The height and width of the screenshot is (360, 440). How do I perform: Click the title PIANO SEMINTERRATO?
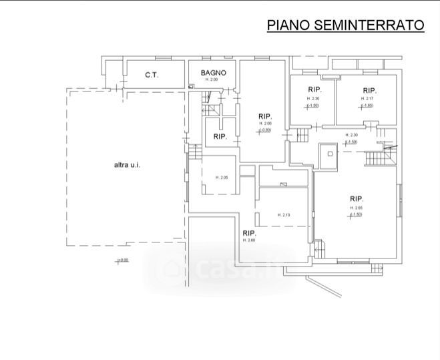[x=345, y=25]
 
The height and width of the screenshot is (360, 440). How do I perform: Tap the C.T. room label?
[x=152, y=75]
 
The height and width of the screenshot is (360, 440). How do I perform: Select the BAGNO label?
[x=214, y=73]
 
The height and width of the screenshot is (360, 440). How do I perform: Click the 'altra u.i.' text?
[x=126, y=164]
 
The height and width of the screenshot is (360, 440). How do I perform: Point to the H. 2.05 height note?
[x=222, y=177]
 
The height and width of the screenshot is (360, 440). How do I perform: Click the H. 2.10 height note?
[x=283, y=214]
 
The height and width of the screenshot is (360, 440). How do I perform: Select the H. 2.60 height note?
[x=249, y=240]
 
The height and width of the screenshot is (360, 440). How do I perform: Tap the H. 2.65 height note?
[x=356, y=208]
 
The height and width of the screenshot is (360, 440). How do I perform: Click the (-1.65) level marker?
[x=367, y=105]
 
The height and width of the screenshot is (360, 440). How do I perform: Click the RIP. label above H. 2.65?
[x=357, y=198]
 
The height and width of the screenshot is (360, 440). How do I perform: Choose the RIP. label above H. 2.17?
[x=370, y=90]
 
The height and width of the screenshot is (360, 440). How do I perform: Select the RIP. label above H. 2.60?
[x=250, y=232]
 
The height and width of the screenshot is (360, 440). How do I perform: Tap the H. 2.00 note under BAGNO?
[x=212, y=80]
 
